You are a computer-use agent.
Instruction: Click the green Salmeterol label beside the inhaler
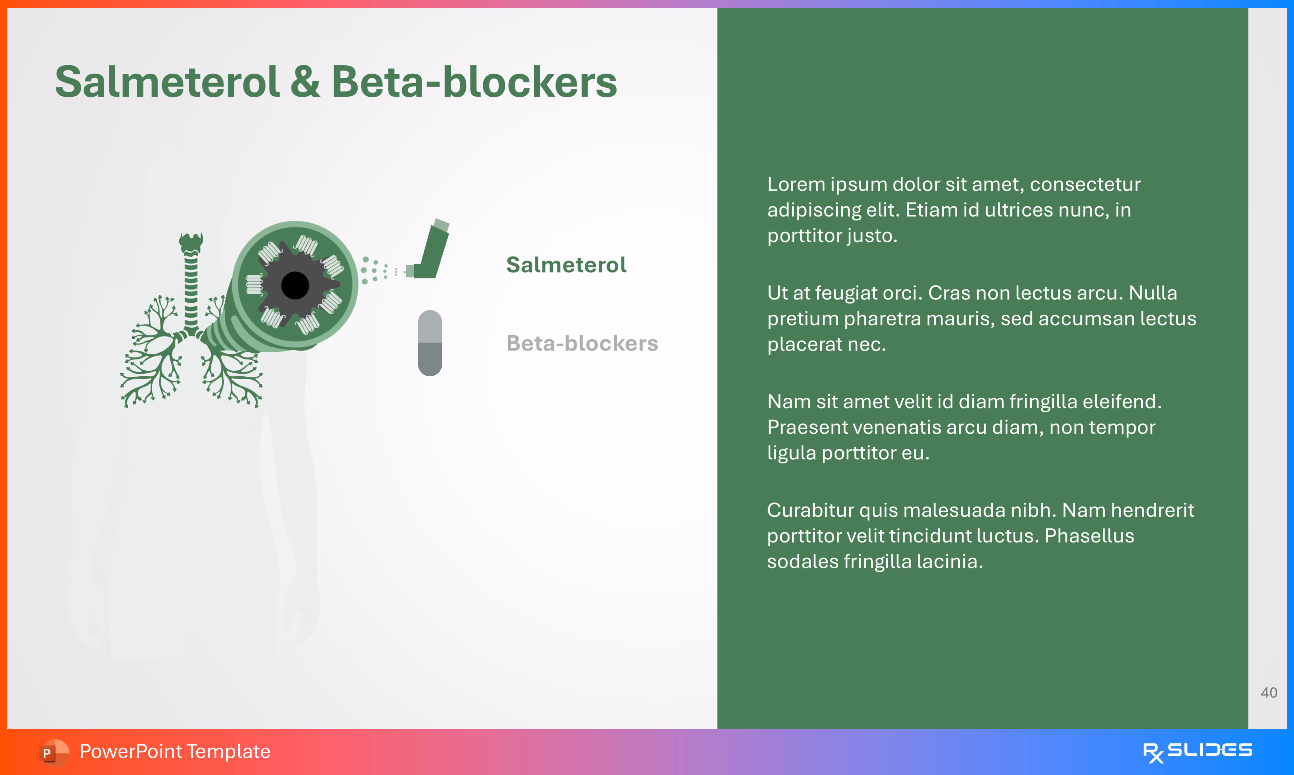(566, 265)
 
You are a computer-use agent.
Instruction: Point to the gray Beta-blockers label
(582, 343)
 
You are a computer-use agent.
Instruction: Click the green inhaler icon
(432, 251)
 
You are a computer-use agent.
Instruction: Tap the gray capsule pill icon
(430, 343)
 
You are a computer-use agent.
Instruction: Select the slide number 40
(1269, 692)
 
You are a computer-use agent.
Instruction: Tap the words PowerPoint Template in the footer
(175, 751)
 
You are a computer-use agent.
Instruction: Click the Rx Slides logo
(1197, 751)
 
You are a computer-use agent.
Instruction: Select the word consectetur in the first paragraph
(1085, 184)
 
